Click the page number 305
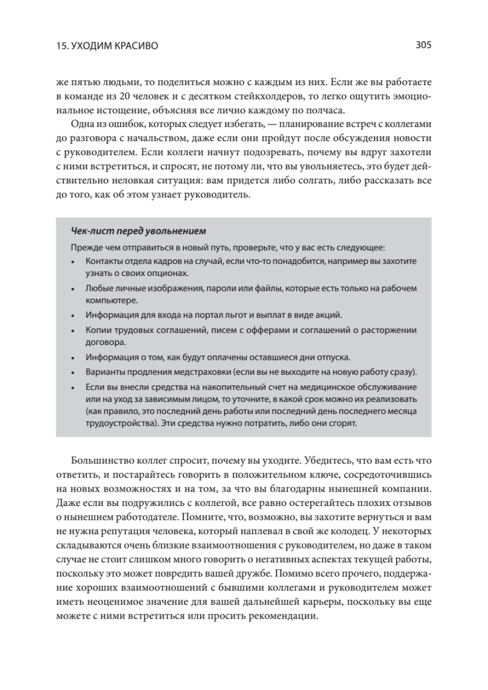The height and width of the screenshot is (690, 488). coord(423,44)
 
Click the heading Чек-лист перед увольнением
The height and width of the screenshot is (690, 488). coord(138,231)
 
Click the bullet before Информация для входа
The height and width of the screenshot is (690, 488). coord(73,316)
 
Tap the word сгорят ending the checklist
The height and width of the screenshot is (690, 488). coord(343,424)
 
